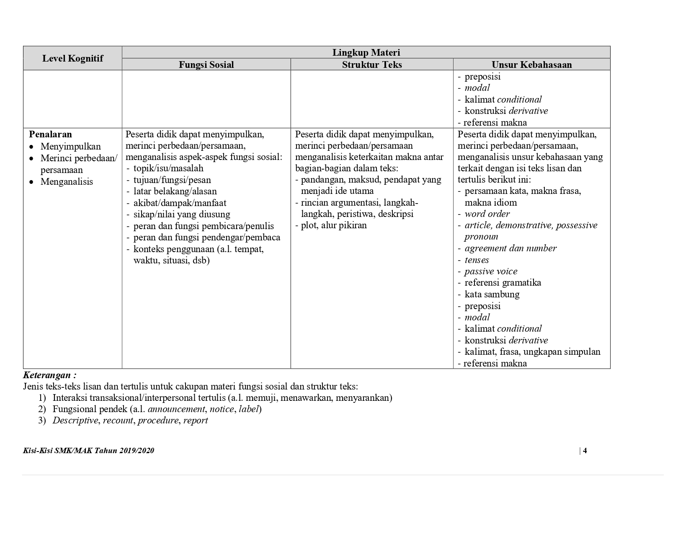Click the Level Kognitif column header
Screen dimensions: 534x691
pos(72,58)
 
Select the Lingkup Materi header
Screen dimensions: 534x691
pos(366,52)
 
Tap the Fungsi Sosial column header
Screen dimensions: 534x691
pos(206,64)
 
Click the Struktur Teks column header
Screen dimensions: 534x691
pos(372,64)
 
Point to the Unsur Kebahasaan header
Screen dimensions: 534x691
pos(531,64)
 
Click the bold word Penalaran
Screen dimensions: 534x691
pos(50,134)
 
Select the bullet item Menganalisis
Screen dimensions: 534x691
pos(67,182)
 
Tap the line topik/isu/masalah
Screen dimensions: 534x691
pos(168,168)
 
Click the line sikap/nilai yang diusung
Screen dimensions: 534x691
pos(182,214)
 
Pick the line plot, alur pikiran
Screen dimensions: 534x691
pos(333,225)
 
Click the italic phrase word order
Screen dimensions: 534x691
pos(487,214)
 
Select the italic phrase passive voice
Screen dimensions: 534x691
pos(491,271)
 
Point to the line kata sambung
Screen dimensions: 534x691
pos(492,294)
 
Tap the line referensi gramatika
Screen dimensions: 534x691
pos(503,283)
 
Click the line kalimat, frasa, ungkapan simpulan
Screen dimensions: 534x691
pos(532,352)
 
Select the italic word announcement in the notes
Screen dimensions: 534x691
pos(176,409)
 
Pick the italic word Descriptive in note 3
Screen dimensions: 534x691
pos(75,420)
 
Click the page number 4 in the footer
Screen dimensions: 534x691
pos(585,451)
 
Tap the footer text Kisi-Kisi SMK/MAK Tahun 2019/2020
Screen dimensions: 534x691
pos(89,451)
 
